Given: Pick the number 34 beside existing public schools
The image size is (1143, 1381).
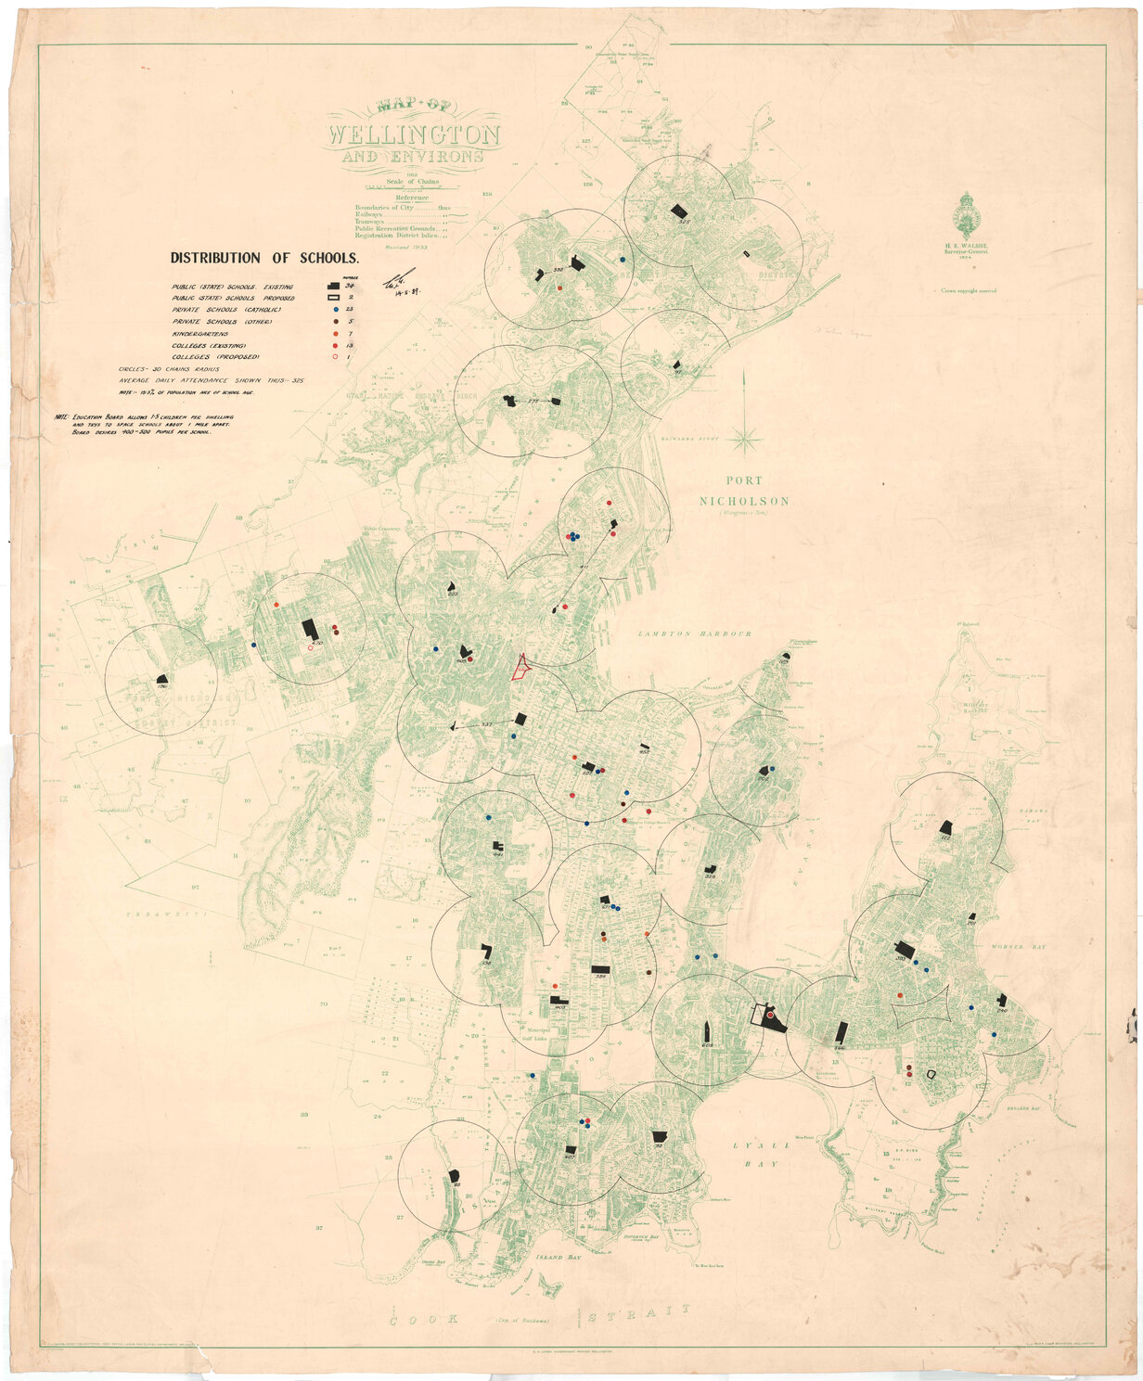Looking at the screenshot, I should (x=351, y=286).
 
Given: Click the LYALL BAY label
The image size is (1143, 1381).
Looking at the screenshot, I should (x=752, y=1146).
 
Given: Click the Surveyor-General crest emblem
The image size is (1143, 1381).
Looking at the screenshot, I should (x=969, y=213).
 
